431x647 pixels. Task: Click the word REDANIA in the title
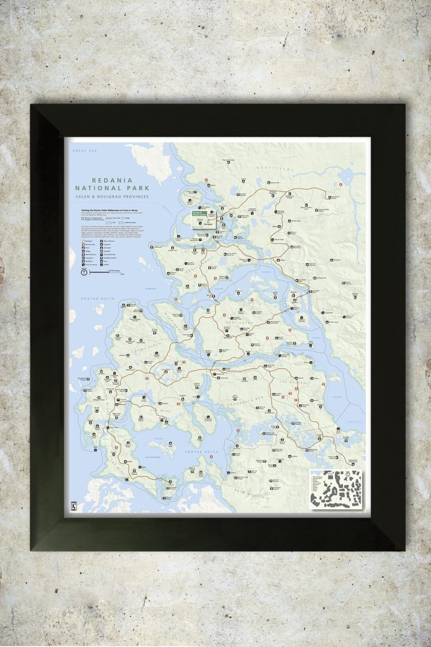pos(112,181)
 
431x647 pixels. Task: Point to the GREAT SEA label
pos(79,151)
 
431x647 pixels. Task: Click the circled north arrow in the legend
pos(84,273)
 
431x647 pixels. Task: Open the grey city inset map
pos(337,489)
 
